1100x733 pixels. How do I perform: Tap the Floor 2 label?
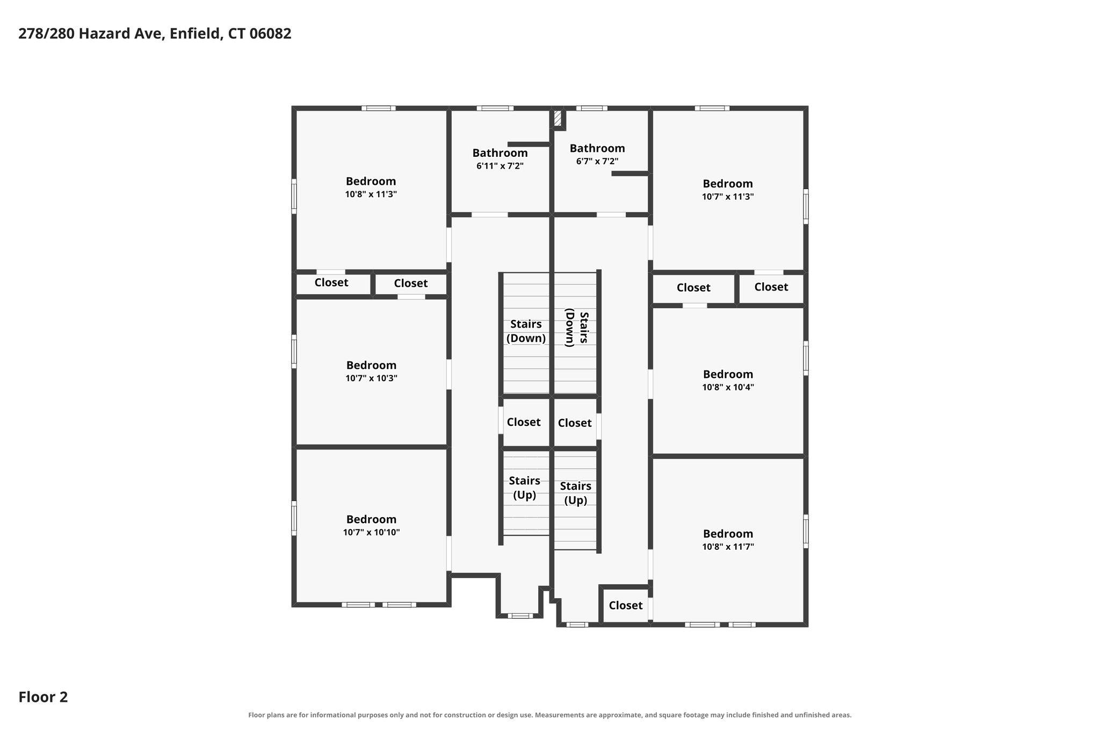tap(43, 697)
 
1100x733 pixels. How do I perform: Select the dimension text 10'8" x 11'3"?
tap(371, 194)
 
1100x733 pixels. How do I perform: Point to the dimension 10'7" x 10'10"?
tap(371, 533)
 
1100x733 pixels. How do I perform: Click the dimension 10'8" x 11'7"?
tap(728, 547)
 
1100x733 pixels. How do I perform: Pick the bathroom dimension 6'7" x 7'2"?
tap(597, 161)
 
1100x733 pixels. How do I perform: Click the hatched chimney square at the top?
tap(558, 118)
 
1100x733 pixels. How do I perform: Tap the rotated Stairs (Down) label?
tap(577, 328)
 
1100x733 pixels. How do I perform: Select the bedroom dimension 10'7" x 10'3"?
tap(371, 379)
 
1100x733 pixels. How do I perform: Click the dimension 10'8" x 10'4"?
tap(728, 387)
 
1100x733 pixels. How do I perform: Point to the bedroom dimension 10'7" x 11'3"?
tap(728, 197)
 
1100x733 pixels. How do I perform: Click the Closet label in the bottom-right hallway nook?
tap(626, 605)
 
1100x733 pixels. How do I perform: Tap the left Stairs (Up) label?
tap(524, 488)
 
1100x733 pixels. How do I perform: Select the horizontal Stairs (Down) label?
tap(526, 331)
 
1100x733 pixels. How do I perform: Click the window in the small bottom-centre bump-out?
tap(520, 616)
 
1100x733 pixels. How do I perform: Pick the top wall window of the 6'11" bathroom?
tap(495, 108)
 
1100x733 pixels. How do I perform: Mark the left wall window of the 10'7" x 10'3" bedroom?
tap(294, 352)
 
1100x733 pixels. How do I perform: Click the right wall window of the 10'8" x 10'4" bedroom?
tap(806, 358)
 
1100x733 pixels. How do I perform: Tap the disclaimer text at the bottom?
tap(549, 715)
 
